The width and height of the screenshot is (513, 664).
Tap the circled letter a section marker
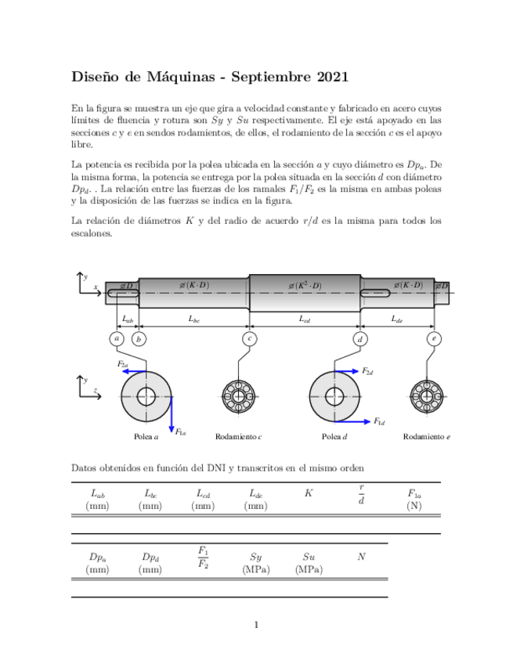click(x=117, y=339)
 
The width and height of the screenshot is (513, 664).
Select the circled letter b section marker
click(x=139, y=339)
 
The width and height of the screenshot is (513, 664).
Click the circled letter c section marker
click(x=249, y=339)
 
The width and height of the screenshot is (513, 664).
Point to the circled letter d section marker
click(x=360, y=339)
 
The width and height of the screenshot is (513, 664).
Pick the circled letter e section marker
click(x=434, y=339)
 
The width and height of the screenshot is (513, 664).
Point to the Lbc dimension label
click(x=193, y=319)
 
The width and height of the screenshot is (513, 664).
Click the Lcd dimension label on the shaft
click(x=305, y=319)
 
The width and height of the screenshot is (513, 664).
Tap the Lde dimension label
click(x=397, y=319)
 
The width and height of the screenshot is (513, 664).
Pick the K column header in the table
click(x=309, y=493)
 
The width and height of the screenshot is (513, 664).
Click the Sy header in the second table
click(x=256, y=557)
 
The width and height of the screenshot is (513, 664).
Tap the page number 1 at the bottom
click(x=256, y=624)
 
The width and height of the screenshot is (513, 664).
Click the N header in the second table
click(x=361, y=557)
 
